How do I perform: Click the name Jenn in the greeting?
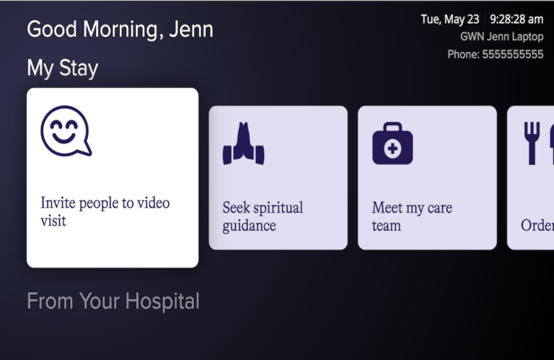tap(191, 30)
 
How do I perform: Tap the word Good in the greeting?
tap(51, 30)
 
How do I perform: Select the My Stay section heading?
tap(62, 69)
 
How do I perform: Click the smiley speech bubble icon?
tap(66, 131)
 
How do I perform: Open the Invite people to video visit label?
tap(105, 211)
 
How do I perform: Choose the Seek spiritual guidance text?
tap(263, 216)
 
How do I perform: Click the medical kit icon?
tap(392, 144)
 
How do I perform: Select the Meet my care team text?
tap(412, 216)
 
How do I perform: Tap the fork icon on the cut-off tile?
tap(532, 142)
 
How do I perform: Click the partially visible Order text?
tap(537, 225)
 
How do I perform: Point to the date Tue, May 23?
tap(449, 19)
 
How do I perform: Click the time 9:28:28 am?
tap(516, 19)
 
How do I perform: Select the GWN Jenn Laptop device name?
tap(501, 37)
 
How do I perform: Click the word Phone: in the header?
tap(463, 54)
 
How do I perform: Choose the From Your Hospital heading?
tap(113, 301)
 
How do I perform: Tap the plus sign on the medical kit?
tap(392, 149)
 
